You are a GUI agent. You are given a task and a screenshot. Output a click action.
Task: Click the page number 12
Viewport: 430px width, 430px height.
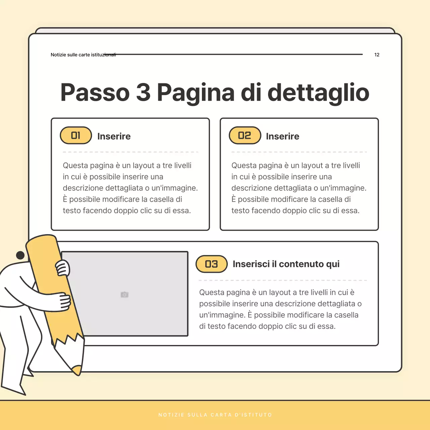tap(377, 55)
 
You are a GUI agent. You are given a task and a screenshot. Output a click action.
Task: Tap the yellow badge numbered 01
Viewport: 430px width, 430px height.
tap(76, 135)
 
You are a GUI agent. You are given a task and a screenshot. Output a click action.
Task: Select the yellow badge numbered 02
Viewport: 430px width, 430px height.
tap(245, 135)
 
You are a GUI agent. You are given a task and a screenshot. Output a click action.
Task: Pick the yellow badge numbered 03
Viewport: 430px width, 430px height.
tap(212, 264)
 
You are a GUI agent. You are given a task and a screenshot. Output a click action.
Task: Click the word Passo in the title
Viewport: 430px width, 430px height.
tap(95, 92)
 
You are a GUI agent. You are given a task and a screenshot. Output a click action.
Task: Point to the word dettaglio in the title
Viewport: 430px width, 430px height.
tap(318, 92)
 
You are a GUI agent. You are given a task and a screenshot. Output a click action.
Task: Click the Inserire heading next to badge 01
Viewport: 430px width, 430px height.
tap(114, 136)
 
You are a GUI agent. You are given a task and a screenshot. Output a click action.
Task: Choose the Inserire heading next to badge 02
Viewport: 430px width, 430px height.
tap(283, 136)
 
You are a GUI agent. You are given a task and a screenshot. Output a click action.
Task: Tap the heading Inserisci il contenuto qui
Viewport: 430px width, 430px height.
tap(286, 264)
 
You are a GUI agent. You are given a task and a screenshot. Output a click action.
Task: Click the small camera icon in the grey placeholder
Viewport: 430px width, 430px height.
tap(125, 295)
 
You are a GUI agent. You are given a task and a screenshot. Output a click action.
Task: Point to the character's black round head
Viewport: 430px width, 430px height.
tap(20, 255)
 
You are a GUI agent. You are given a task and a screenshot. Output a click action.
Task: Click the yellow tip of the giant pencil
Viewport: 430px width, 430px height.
tap(77, 370)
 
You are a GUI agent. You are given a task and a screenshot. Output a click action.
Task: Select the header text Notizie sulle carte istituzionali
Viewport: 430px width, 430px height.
tap(83, 55)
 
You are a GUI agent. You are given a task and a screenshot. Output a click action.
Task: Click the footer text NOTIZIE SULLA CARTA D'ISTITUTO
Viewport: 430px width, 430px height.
tap(215, 415)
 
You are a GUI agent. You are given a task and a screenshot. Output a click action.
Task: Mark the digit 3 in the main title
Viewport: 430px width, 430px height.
tap(143, 92)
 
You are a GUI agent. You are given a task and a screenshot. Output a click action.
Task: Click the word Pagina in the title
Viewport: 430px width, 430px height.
tap(196, 92)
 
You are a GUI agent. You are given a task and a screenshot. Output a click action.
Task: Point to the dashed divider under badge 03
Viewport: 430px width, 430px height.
tap(283, 280)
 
